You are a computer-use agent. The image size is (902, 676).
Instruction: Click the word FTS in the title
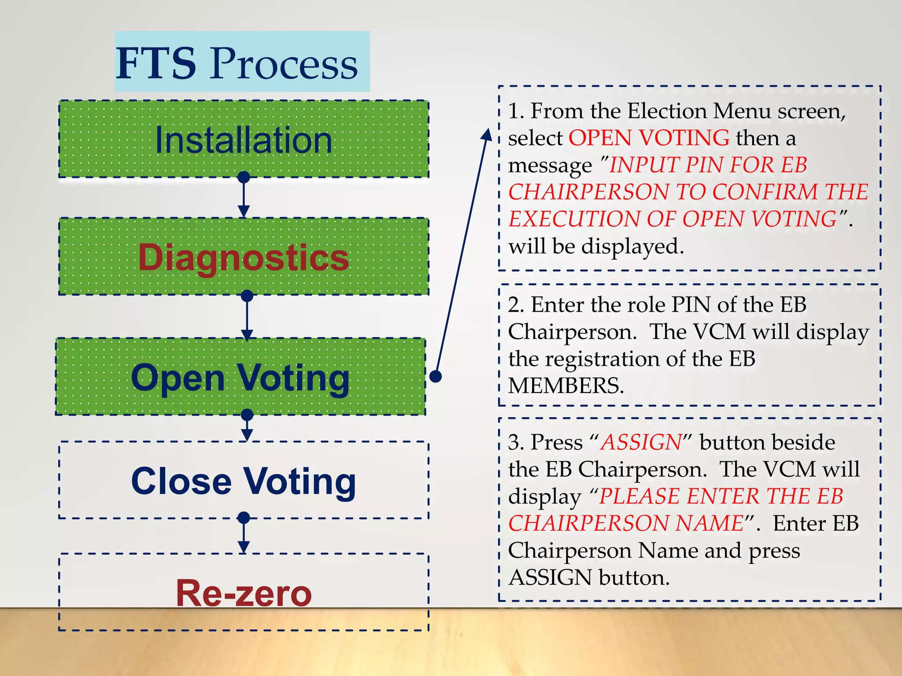pyautogui.click(x=156, y=63)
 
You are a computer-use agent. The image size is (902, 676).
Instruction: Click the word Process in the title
pyautogui.click(x=284, y=64)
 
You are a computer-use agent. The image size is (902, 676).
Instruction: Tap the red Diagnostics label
pyautogui.click(x=244, y=257)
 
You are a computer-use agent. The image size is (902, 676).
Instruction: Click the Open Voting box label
pyautogui.click(x=240, y=378)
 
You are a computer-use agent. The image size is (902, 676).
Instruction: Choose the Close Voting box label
pyautogui.click(x=244, y=481)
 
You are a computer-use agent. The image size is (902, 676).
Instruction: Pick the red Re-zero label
pyautogui.click(x=244, y=593)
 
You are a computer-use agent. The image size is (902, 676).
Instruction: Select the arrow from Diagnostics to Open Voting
pyautogui.click(x=247, y=317)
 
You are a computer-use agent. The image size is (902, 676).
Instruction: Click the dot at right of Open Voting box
pyautogui.click(x=435, y=376)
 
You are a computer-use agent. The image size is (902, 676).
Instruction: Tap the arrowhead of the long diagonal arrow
pyautogui.click(x=487, y=134)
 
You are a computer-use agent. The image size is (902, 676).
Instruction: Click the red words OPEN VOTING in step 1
pyautogui.click(x=649, y=138)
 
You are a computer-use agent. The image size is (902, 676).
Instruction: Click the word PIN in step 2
pyautogui.click(x=691, y=305)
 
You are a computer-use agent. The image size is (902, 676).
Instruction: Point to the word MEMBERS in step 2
pyautogui.click(x=566, y=386)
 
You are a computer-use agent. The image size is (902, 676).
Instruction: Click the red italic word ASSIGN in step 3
pyautogui.click(x=642, y=442)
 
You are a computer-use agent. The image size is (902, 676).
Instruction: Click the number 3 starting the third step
pyautogui.click(x=514, y=442)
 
